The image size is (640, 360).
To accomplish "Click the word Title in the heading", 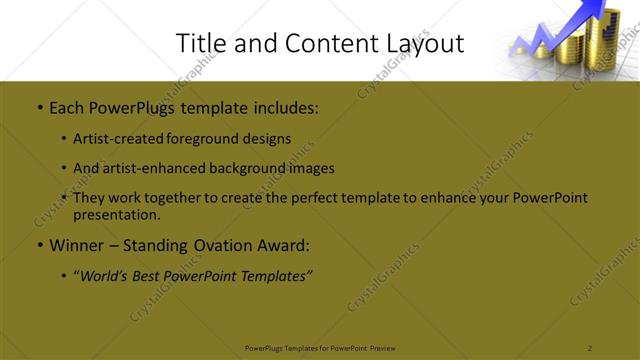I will (198, 43).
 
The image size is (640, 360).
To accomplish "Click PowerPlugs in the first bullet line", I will (132, 105).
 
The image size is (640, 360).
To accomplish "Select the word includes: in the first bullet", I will (284, 105).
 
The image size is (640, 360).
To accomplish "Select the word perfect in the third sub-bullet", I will (318, 198).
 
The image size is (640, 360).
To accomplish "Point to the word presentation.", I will (117, 214).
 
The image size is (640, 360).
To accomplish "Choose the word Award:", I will (281, 244).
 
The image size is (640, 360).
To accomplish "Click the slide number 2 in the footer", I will (590, 348).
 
